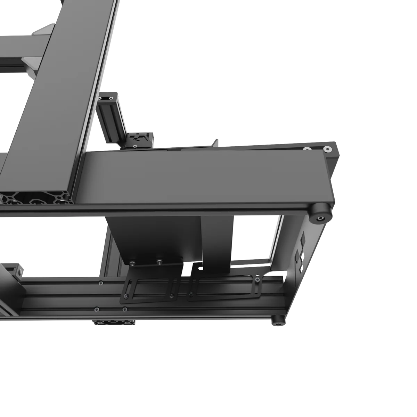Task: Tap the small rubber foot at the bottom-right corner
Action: click(278, 321)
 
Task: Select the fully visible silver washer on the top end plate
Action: click(327, 150)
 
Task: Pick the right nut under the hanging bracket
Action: click(159, 262)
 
